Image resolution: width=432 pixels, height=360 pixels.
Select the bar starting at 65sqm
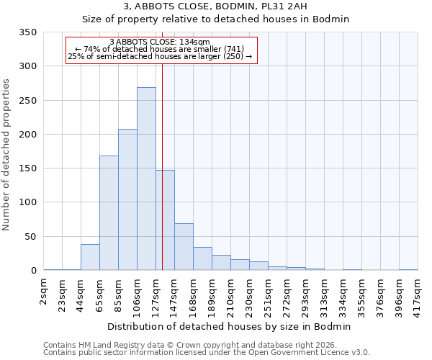pos(109,213)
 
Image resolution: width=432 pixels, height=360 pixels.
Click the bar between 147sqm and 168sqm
pos(184,247)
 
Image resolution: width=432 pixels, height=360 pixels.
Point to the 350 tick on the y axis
pos(29,32)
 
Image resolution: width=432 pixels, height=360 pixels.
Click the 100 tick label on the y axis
pos(29,202)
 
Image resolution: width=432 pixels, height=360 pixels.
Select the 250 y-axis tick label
pos(29,101)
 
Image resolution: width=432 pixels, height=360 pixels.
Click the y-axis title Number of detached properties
pos(6,156)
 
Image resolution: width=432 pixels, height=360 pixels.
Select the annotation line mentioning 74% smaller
pos(160,49)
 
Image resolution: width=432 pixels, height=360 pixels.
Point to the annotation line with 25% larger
pos(160,56)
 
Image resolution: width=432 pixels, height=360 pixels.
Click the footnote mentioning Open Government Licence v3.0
pos(207,352)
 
